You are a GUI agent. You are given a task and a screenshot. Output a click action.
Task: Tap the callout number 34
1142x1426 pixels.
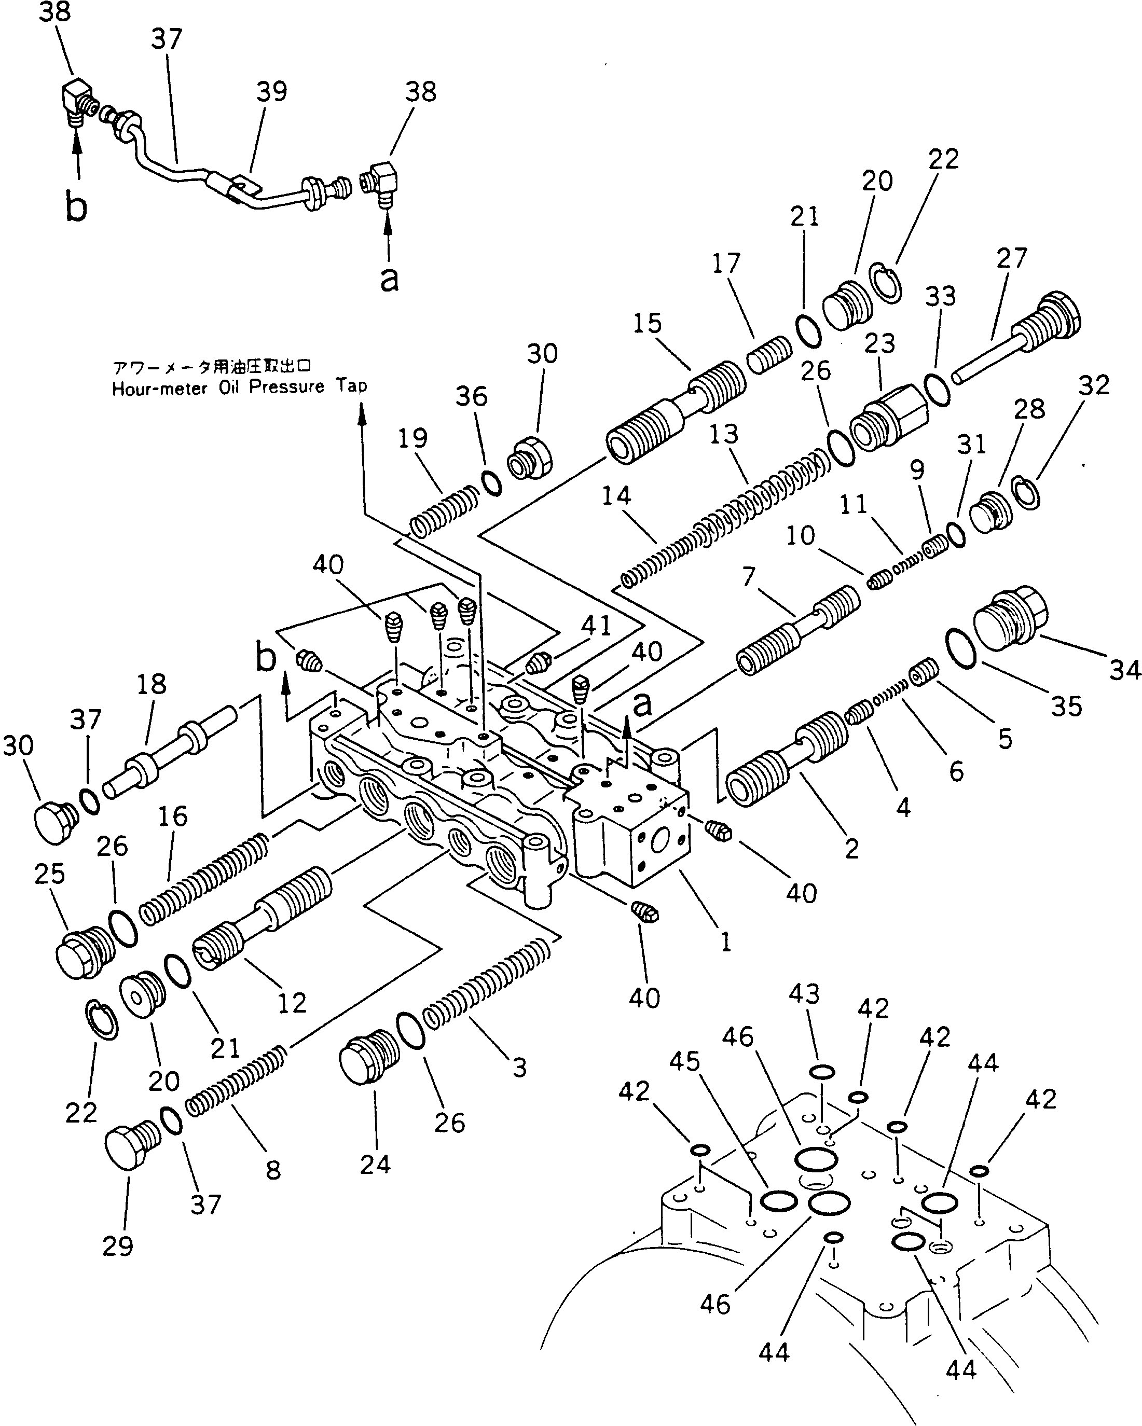coord(1125,670)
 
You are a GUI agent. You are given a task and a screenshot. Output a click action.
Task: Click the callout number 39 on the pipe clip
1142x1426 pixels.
coord(271,91)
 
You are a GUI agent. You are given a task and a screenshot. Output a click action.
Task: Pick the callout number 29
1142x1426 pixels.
coord(118,1246)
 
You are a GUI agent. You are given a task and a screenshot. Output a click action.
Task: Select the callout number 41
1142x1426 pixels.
coord(596,625)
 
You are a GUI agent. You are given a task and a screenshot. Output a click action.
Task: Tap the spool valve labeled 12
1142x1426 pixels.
coord(265,919)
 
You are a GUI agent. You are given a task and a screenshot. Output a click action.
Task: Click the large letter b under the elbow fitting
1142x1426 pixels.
coord(76,206)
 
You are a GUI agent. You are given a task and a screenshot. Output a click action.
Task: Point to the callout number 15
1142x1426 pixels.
coord(646,323)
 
